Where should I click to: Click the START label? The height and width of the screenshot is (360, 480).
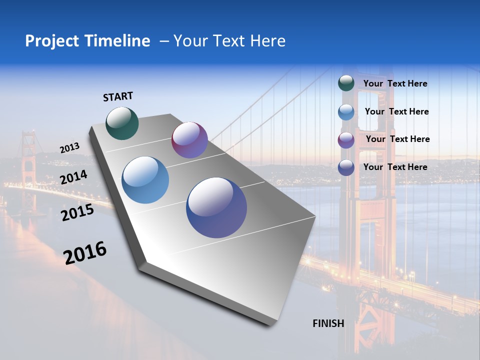(118, 96)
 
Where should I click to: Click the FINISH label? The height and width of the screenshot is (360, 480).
(328, 323)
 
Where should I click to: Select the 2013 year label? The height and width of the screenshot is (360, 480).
(70, 148)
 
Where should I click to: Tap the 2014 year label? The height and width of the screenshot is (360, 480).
(74, 177)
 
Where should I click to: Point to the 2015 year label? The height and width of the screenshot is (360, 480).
(77, 212)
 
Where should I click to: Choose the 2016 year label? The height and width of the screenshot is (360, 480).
(85, 253)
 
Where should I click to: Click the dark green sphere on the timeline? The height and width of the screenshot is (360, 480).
(122, 123)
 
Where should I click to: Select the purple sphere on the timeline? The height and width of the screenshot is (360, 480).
(189, 140)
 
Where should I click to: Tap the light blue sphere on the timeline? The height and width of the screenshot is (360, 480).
(145, 180)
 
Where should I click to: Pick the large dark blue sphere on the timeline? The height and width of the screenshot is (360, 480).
(216, 207)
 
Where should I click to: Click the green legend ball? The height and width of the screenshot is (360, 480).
(346, 83)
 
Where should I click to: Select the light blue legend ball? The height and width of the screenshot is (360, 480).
(346, 112)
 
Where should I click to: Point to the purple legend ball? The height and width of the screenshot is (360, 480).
(346, 140)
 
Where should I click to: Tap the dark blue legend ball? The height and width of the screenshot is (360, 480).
(346, 167)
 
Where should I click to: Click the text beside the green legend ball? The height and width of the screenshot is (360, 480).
(395, 84)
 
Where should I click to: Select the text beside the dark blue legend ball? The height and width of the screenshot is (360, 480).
(395, 167)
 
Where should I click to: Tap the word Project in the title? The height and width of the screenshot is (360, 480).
(50, 41)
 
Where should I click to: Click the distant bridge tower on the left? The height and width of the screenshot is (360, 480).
(28, 160)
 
